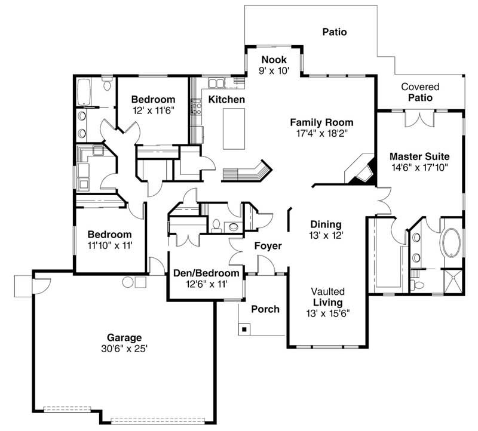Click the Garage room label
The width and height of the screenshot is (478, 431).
tap(124, 337)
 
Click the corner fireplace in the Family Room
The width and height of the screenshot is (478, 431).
tap(361, 170)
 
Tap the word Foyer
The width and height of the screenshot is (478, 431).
tap(268, 245)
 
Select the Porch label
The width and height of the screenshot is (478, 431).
tap(265, 309)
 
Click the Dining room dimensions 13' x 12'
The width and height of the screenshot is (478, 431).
tap(326, 235)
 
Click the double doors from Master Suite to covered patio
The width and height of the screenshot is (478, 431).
tap(418, 118)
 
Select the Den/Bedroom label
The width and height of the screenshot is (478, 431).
tap(206, 273)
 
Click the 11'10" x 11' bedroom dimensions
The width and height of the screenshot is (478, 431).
tap(109, 245)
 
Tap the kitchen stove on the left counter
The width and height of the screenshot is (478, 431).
tap(194, 108)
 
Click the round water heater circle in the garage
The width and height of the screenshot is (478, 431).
tap(127, 281)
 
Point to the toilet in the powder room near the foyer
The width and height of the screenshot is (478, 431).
tap(216, 226)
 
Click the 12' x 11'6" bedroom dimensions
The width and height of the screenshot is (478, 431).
tap(153, 110)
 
